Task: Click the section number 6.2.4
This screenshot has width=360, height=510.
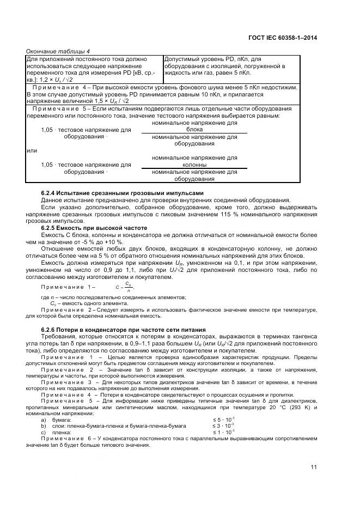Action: (x=51, y=193)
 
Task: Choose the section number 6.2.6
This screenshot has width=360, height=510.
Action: (x=51, y=330)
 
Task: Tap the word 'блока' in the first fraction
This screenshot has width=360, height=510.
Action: (x=194, y=130)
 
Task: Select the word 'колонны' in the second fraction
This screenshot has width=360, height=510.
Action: (x=194, y=165)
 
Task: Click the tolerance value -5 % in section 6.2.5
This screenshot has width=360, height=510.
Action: (x=86, y=241)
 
